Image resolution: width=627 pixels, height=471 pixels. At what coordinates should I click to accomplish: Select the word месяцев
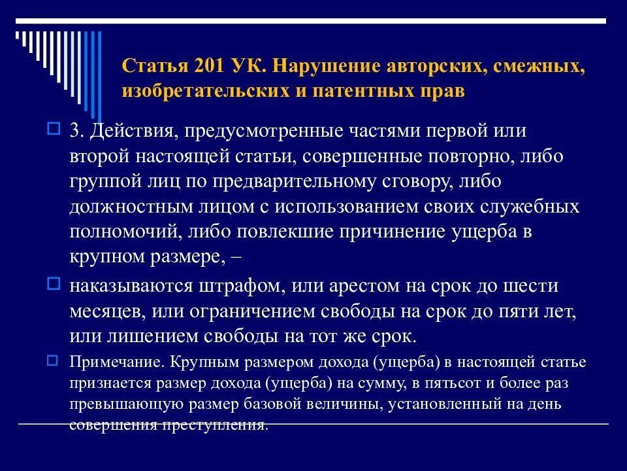tap(106, 311)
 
